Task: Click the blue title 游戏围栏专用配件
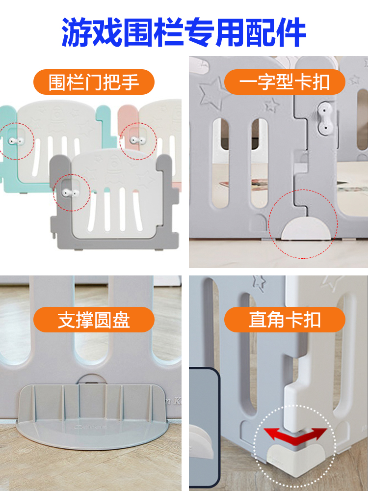pyautogui.click(x=184, y=32)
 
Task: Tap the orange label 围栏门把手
pyautogui.click(x=94, y=82)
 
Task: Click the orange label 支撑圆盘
pyautogui.click(x=94, y=320)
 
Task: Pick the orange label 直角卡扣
pyautogui.click(x=285, y=320)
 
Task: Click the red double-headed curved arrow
pyautogui.click(x=295, y=433)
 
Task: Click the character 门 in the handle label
pyautogui.click(x=94, y=82)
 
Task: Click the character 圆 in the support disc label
pyautogui.click(x=103, y=320)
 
